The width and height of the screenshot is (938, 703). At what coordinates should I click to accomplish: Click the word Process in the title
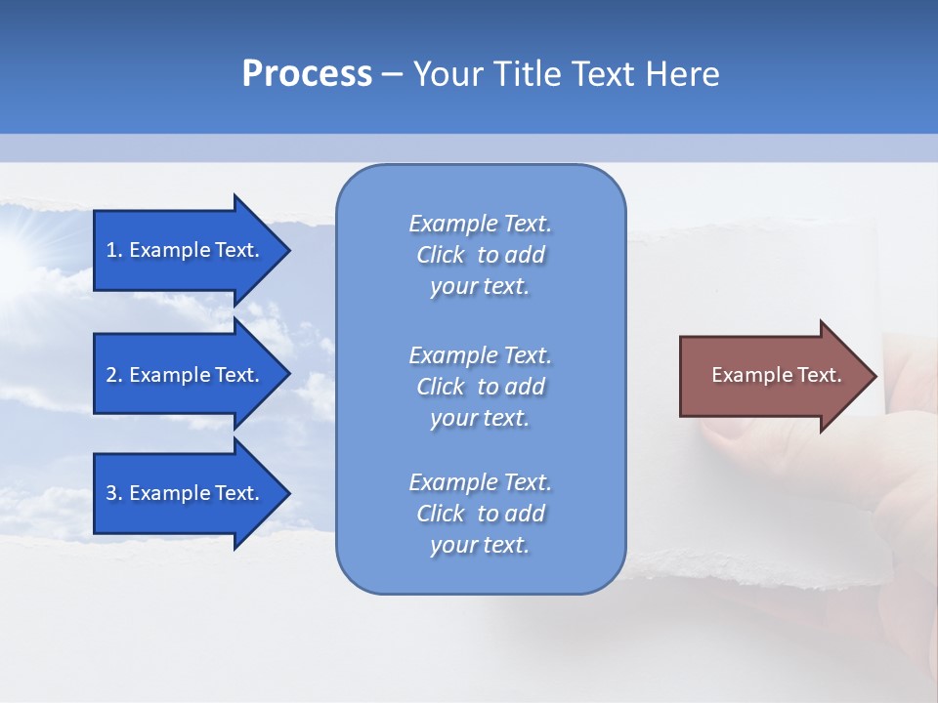click(x=307, y=74)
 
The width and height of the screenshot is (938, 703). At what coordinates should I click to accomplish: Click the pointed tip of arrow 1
click(x=286, y=250)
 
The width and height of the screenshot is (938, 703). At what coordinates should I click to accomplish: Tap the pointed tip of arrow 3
click(x=286, y=493)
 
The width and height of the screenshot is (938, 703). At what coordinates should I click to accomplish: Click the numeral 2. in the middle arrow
click(x=114, y=375)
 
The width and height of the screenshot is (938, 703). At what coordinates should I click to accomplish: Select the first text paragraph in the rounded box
click(x=480, y=255)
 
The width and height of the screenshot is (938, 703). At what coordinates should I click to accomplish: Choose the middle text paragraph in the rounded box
click(x=480, y=387)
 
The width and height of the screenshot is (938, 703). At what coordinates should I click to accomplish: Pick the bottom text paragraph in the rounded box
click(x=480, y=514)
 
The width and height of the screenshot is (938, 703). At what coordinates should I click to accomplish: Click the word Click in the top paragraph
click(x=440, y=255)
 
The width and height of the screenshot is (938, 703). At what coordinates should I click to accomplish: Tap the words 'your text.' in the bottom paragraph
click(x=480, y=545)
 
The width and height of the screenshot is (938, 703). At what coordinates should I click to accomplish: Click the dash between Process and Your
click(x=392, y=74)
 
